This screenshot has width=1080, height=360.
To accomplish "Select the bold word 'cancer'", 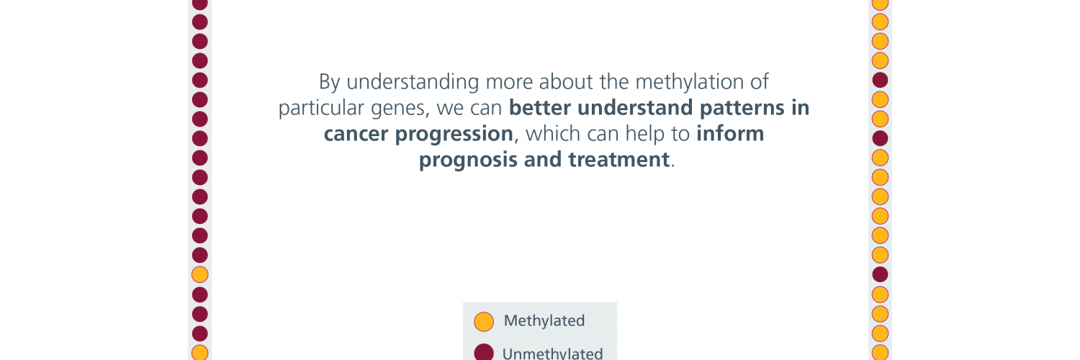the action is pyautogui.click(x=356, y=134).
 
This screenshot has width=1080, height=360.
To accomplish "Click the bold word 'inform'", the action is pyautogui.click(x=730, y=133).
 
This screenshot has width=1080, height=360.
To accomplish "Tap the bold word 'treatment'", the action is pyautogui.click(x=619, y=160).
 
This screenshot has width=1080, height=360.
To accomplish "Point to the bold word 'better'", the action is pyautogui.click(x=540, y=107).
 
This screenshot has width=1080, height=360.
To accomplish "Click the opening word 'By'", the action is pyautogui.click(x=329, y=83).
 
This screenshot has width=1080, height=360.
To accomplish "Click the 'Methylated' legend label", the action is pyautogui.click(x=544, y=320).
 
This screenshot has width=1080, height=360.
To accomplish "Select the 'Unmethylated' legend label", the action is pyautogui.click(x=552, y=354).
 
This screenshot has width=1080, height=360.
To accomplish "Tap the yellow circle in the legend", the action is pyautogui.click(x=484, y=322).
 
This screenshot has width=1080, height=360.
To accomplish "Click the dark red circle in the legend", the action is pyautogui.click(x=484, y=352).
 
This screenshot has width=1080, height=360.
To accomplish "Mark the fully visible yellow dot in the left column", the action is pyautogui.click(x=199, y=275).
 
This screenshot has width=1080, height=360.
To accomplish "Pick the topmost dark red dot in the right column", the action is pyautogui.click(x=880, y=80).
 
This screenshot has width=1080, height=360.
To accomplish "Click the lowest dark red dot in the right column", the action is pyautogui.click(x=880, y=275).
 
